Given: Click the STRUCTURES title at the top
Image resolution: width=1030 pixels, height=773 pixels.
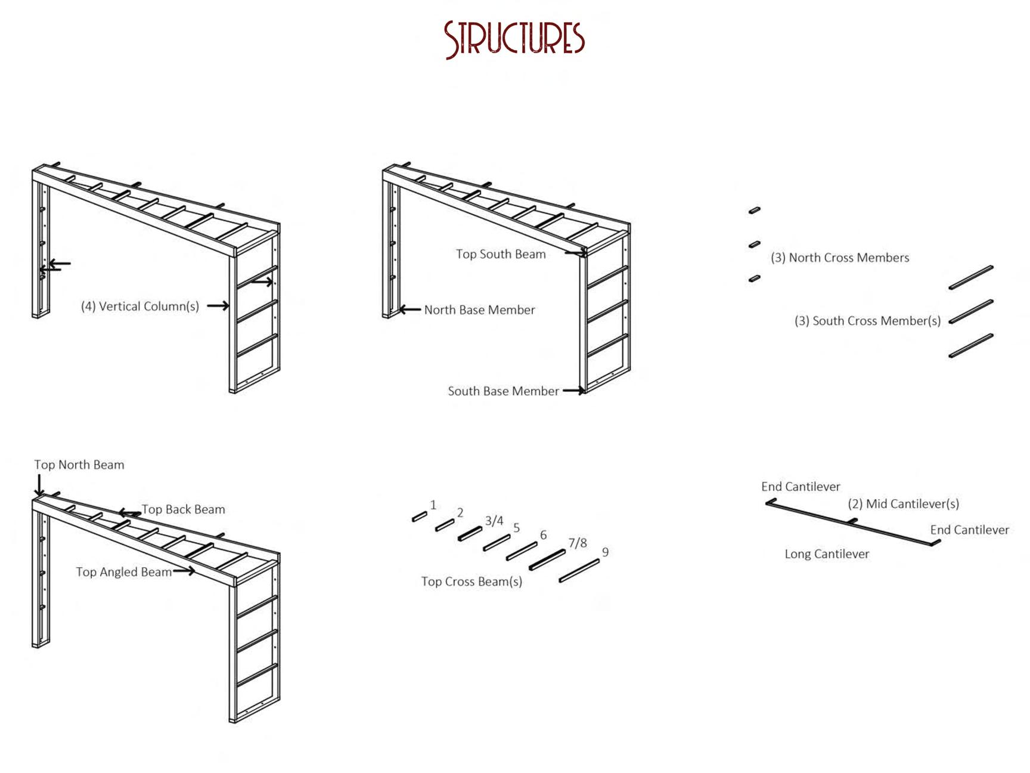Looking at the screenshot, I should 514,39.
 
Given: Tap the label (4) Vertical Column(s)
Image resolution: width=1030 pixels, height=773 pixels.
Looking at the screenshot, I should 140,307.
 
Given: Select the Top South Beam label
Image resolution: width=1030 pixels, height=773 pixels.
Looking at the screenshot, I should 501,254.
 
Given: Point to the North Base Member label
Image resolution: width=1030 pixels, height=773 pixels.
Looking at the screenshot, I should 479,310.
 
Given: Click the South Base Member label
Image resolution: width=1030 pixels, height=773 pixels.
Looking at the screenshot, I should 503,391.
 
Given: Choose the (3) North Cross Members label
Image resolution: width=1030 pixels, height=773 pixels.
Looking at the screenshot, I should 840,258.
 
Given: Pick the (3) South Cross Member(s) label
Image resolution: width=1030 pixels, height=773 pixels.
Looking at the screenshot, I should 867,321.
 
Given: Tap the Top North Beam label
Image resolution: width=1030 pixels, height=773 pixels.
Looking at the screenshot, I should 79,465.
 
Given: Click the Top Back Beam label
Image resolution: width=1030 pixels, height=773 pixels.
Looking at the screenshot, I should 183,509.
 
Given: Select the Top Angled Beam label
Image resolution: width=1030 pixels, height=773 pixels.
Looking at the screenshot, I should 124,572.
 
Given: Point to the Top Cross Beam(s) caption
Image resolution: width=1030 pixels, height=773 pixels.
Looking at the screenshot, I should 471,582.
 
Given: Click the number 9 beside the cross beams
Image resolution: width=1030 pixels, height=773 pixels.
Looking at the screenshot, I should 605,552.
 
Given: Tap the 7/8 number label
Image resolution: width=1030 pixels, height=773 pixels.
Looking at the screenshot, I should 577,543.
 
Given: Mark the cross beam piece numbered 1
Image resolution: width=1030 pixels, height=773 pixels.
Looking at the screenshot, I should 420,517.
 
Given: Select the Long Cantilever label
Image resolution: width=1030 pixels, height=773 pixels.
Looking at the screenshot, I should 827,554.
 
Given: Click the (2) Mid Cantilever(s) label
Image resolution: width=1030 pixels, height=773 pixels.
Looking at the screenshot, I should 904,504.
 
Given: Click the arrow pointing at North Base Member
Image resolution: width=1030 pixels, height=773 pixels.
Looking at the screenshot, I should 409,310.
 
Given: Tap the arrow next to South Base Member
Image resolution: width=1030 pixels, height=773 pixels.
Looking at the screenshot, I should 574,391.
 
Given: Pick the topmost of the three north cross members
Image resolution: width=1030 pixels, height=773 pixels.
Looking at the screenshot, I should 755,210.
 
